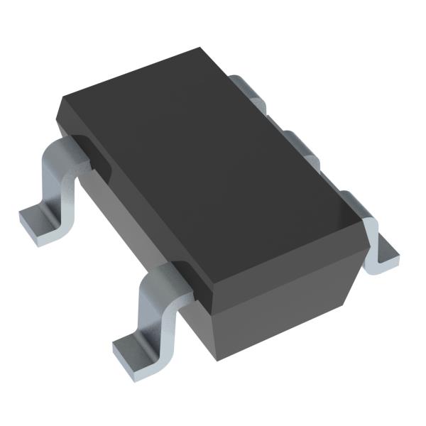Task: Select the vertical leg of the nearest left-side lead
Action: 152,312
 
